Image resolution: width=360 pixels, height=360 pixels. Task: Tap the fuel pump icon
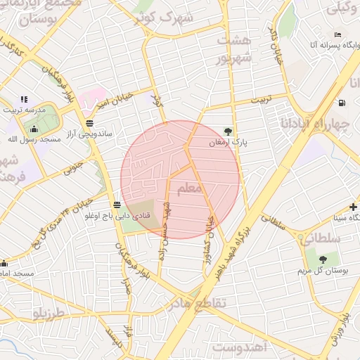pyautogui.click(x=342, y=103)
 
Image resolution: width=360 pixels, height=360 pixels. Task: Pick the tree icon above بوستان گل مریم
pyautogui.click(x=311, y=258)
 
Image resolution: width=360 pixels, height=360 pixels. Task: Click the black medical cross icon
pyautogui.click(x=353, y=207)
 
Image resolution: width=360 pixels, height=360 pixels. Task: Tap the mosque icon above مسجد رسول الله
pyautogui.click(x=33, y=129)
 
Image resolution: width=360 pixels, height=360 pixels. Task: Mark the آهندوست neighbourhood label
pyautogui.click(x=242, y=347)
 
